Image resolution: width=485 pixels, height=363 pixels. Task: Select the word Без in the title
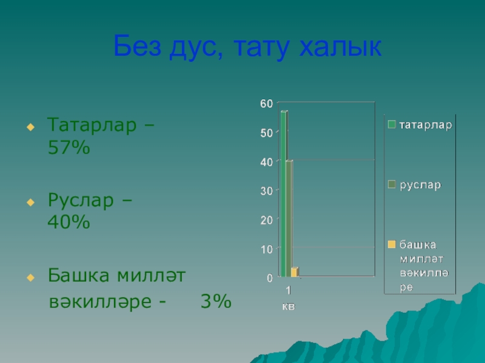click(x=138, y=45)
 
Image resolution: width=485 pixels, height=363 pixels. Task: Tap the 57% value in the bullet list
click(x=69, y=147)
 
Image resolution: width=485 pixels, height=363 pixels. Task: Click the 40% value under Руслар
click(x=69, y=221)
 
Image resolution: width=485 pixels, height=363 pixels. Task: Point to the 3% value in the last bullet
click(x=216, y=301)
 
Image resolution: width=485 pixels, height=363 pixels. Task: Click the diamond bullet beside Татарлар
click(x=31, y=127)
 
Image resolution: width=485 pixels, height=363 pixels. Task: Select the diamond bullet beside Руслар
click(x=31, y=202)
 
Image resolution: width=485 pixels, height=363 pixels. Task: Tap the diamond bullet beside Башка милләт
click(x=31, y=278)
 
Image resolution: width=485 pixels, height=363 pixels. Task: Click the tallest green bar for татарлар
click(x=284, y=194)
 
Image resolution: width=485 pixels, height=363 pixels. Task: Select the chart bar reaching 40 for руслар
click(x=289, y=218)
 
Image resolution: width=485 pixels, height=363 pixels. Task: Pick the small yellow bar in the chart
click(x=295, y=272)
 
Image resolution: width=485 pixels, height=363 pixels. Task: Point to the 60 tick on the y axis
click(x=266, y=103)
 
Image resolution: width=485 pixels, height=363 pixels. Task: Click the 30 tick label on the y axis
click(x=266, y=191)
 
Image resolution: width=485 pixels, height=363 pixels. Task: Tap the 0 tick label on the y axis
click(x=270, y=278)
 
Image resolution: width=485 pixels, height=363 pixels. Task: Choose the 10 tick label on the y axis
click(x=266, y=249)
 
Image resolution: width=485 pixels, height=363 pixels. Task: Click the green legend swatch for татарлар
click(x=392, y=125)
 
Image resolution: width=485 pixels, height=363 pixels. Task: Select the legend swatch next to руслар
click(x=392, y=185)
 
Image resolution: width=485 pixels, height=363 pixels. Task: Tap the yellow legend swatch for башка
click(x=392, y=244)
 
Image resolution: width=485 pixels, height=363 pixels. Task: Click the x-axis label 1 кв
click(x=289, y=298)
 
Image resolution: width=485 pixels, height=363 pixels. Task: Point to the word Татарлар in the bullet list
click(x=92, y=125)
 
